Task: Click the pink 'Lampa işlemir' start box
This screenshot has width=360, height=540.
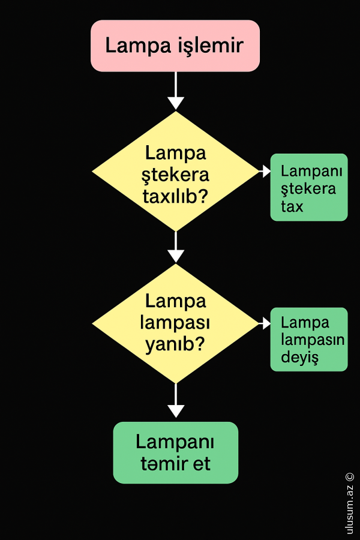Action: [175, 46]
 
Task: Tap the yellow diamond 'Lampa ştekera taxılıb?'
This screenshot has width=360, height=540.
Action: [175, 171]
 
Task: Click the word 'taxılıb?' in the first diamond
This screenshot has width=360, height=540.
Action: [175, 196]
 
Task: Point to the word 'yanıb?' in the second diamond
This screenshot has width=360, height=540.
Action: [175, 345]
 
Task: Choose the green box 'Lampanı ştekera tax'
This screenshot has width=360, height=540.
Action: [308, 187]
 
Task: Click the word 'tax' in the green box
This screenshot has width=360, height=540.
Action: [292, 207]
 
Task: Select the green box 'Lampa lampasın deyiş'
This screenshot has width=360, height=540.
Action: [308, 339]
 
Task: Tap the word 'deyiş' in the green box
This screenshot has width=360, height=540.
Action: [299, 358]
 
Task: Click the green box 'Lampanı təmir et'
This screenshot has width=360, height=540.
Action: [175, 452]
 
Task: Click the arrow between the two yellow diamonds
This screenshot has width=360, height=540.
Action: [175, 247]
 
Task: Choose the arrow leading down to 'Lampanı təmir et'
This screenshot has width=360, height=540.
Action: [175, 402]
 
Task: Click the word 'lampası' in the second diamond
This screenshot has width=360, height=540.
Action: [175, 323]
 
